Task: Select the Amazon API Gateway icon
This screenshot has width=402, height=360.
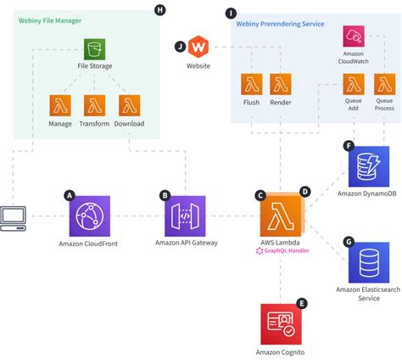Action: click(x=186, y=215)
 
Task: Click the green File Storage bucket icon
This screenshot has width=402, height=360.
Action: click(x=94, y=49)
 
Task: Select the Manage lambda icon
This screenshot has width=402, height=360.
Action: click(x=60, y=104)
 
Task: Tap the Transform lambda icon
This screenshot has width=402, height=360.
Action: click(x=94, y=104)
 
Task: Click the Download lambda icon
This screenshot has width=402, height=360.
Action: click(x=128, y=104)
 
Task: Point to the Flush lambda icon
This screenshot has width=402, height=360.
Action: click(x=252, y=84)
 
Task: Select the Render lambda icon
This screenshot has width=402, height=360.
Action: click(x=281, y=84)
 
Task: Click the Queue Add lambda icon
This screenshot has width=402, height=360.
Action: click(x=354, y=84)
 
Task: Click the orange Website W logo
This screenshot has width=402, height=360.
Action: click(x=198, y=47)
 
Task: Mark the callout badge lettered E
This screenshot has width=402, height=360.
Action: click(x=303, y=303)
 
